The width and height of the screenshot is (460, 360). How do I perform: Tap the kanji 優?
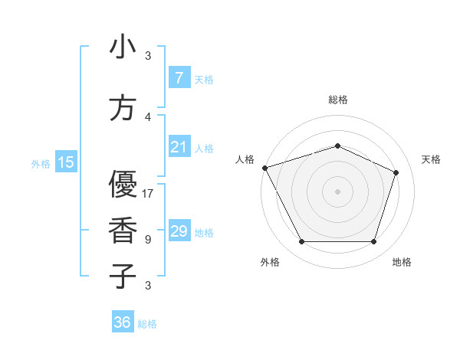coord(123,185)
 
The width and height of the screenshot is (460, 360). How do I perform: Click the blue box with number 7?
coord(179,77)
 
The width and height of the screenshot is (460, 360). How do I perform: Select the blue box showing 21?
coord(179,146)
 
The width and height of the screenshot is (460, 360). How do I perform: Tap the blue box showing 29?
coord(179,231)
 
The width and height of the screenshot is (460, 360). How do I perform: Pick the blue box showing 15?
coord(66,162)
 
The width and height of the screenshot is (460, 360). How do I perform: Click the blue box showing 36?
coord(123,322)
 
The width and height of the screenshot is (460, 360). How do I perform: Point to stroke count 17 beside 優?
coord(148,194)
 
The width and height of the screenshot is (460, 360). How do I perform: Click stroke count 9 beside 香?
coord(148,240)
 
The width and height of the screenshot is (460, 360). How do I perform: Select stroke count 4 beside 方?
coord(148,117)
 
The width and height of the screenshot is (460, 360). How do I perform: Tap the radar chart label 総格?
coord(337,100)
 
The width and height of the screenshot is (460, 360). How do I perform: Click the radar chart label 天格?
coord(431,159)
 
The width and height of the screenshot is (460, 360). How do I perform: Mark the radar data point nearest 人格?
coord(264,168)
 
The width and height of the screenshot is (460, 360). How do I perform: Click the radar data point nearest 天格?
coord(396,172)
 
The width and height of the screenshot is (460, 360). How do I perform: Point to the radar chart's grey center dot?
coord(337,191)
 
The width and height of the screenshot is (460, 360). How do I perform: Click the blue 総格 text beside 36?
coord(147,324)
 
